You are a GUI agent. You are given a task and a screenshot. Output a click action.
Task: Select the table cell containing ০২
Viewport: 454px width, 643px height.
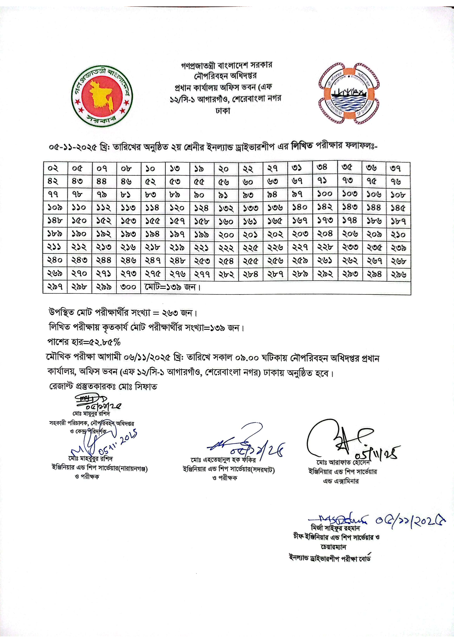click(x=55, y=169)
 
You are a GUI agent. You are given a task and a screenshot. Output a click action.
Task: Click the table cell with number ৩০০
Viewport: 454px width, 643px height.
click(x=128, y=287)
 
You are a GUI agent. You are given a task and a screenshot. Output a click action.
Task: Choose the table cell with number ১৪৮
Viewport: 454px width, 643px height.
click(x=55, y=221)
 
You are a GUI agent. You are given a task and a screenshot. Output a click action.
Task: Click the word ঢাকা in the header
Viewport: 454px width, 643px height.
click(x=223, y=111)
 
